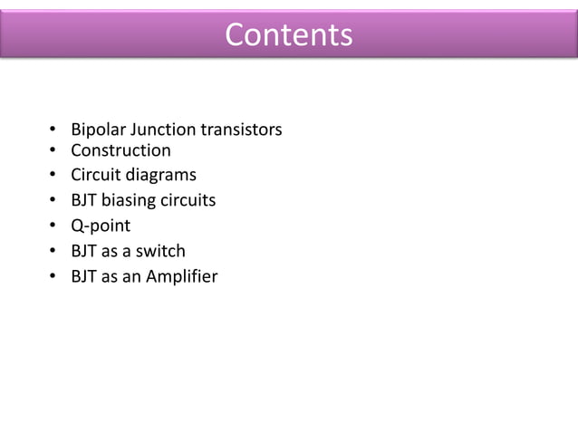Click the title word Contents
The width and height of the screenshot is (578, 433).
click(288, 34)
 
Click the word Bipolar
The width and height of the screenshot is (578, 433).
click(98, 130)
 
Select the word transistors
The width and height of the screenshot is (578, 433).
click(242, 130)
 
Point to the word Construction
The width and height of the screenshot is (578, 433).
click(120, 150)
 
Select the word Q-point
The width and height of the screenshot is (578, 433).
click(101, 226)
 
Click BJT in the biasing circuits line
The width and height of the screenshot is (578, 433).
click(86, 200)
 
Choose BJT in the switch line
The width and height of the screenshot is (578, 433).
click(86, 251)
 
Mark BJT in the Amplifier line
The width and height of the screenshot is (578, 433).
click(86, 276)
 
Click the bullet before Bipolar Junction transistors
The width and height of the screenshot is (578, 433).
click(53, 131)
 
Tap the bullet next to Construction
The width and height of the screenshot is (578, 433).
click(53, 151)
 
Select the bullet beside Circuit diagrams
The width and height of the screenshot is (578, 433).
click(53, 176)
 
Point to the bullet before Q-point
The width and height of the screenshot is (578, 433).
click(53, 226)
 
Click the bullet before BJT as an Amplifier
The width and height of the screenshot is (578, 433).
click(53, 277)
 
